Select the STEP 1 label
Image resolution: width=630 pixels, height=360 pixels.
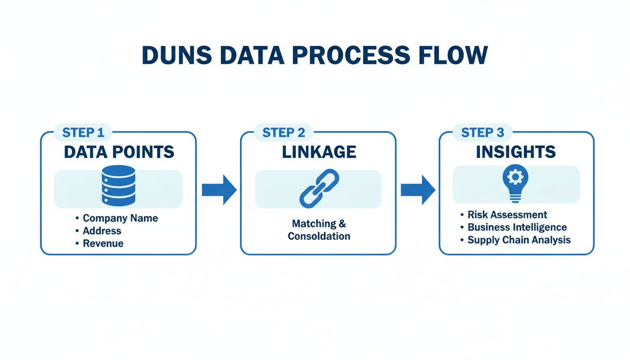pos(83,133)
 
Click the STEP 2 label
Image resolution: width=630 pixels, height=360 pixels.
pos(283,133)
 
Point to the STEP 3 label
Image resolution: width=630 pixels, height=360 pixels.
pos(482,133)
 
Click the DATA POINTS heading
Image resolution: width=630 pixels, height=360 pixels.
pos(119,152)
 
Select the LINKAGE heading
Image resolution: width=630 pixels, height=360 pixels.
pos(319,152)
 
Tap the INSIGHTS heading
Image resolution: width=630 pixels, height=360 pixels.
pos(516,152)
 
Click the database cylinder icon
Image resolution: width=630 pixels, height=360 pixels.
pos(118,186)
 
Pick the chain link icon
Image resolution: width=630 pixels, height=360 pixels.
pos(319,188)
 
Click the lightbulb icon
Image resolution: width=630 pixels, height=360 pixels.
pos(515,184)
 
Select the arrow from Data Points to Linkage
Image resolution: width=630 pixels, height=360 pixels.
pos(219,189)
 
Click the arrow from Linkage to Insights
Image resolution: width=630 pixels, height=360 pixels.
pos(418,189)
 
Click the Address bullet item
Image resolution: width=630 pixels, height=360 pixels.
pos(102,231)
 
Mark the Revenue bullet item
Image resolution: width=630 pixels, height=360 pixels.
pos(103,243)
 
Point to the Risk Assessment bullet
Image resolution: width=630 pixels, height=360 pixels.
pos(507,215)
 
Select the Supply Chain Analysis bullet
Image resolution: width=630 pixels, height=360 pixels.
pos(519,240)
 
